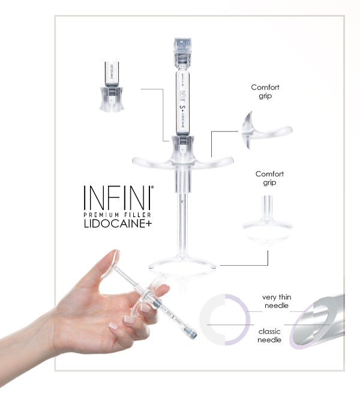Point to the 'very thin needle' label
(x=277, y=301)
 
